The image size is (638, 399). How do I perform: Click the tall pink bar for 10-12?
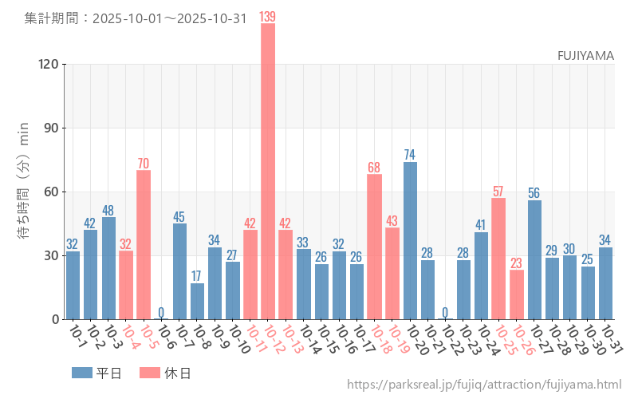pos(268,172)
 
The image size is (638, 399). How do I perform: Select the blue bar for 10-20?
pos(410,240)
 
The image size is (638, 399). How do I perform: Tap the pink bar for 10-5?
pos(144,244)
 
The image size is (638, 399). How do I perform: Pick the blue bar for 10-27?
pos(534,259)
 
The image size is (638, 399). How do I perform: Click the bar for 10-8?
pos(197,301)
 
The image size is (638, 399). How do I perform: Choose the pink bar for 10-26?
pos(517,294)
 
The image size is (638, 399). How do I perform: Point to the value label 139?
pos(268,16)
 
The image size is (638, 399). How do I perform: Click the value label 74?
pos(410,154)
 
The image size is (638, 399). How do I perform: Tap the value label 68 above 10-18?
pos(374,167)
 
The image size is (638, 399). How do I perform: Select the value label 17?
pos(197,275)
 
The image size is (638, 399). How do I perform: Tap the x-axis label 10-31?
pos(611,342)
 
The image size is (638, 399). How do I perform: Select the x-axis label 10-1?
pos(77,339)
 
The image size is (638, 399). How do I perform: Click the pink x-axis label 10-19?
pos(397,342)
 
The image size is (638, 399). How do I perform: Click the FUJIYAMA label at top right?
pos(585,55)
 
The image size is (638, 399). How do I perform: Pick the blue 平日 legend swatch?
pos(82,373)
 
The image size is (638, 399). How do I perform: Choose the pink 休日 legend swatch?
pos(150,373)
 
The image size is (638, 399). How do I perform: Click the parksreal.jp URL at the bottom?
pos(484,385)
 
